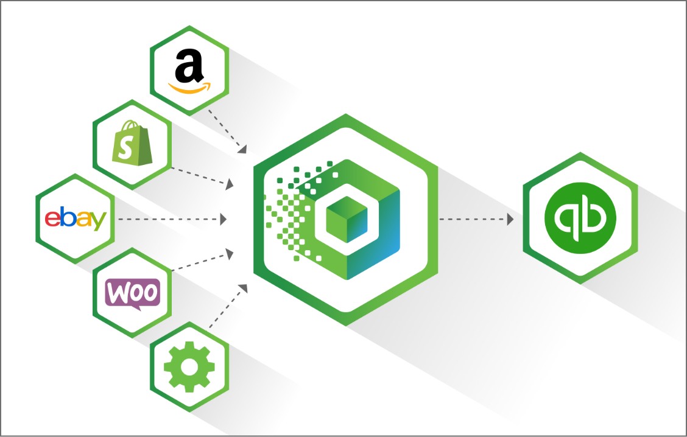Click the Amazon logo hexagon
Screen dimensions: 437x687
pos(189,70)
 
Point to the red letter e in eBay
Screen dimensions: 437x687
pos(52,220)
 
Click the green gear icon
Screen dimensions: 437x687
pos(189,366)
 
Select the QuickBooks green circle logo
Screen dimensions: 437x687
pos(580,218)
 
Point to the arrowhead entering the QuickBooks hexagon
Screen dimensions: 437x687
pos(510,218)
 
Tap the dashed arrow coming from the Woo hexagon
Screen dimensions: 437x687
pos(201,260)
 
